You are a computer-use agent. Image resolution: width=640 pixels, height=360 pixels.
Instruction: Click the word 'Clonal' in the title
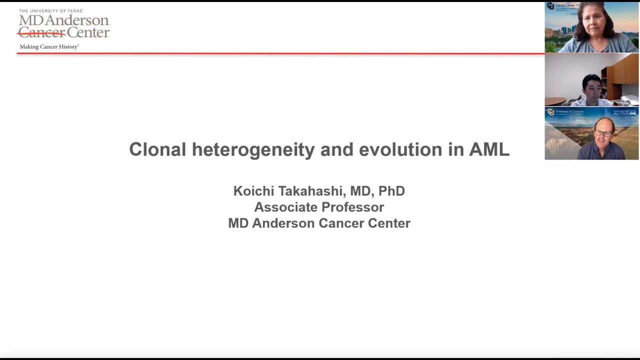(157, 149)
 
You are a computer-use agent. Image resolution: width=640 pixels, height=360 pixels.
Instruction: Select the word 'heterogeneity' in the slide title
(253, 149)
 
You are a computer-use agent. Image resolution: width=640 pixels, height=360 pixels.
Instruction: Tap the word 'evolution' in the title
(400, 149)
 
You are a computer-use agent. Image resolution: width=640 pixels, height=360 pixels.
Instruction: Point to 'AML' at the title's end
(488, 149)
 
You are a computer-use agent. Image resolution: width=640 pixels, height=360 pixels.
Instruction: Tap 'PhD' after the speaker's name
(391, 191)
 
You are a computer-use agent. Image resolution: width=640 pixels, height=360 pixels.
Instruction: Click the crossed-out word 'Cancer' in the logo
(41, 33)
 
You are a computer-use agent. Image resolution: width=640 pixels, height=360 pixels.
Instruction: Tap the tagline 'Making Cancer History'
(49, 46)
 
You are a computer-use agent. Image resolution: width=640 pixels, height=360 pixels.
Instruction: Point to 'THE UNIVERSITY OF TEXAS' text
(50, 11)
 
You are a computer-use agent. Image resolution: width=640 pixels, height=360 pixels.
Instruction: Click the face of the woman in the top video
(591, 20)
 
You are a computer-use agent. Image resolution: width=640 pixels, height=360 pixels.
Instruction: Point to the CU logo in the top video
(550, 6)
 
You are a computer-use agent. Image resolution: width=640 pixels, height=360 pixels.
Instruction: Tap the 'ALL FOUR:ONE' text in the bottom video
(624, 113)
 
